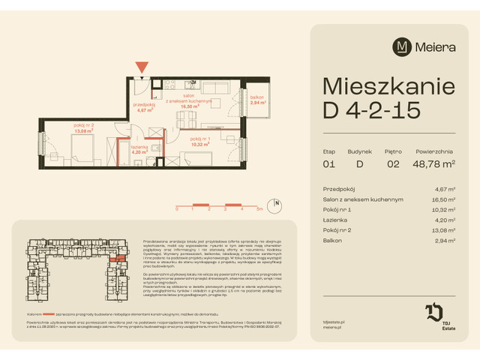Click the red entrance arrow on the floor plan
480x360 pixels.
(142, 67)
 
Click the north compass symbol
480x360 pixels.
(276, 202)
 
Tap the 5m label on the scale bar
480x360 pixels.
(258, 210)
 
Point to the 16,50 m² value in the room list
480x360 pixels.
(443, 200)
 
